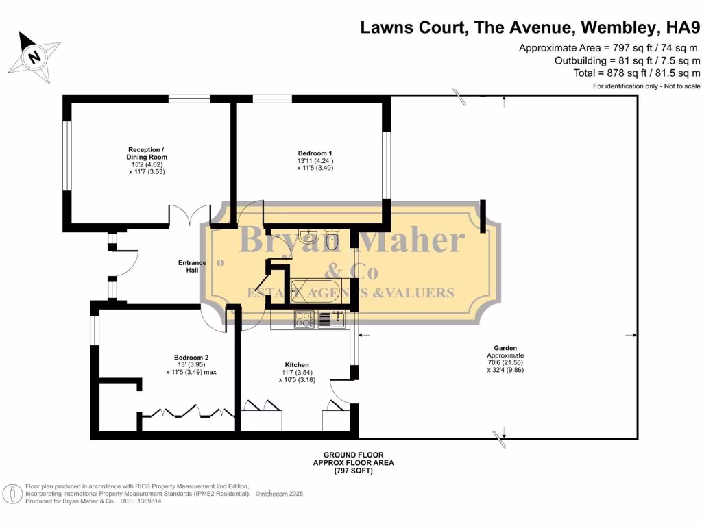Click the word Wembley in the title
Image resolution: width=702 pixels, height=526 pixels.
[x=621, y=28]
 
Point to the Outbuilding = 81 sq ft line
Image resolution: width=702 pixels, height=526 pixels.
[x=627, y=60]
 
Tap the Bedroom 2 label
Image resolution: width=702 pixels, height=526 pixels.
[x=191, y=358]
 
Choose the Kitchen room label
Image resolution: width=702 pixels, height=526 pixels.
[x=297, y=364]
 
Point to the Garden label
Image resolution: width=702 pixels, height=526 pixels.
[x=506, y=348]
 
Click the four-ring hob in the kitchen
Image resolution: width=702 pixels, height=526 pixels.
[x=304, y=319]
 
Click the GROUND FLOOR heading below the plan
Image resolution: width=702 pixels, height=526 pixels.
[x=353, y=455]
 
